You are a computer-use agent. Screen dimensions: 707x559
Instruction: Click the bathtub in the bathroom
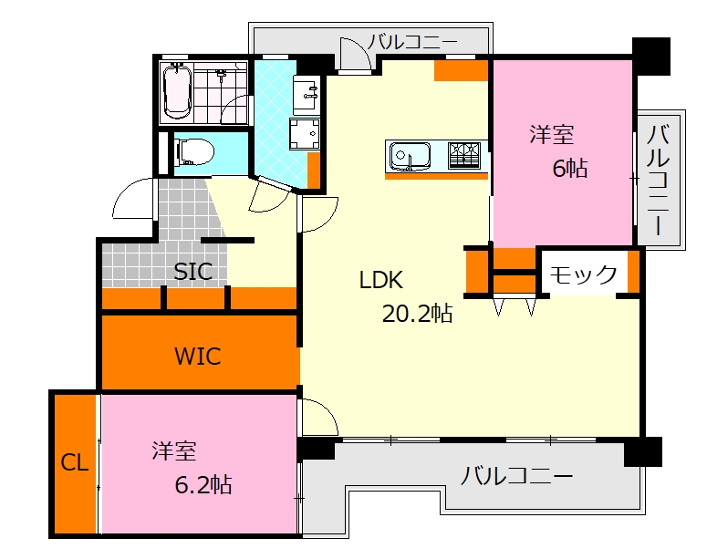click(177, 91)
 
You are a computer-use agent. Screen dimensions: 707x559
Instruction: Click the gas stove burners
click(464, 156)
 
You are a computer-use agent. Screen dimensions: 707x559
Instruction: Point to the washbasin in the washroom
click(307, 94)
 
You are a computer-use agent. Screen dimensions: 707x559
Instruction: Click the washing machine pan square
click(305, 133)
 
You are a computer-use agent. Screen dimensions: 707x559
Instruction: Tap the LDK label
click(381, 280)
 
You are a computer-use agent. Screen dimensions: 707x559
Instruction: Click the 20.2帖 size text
click(417, 314)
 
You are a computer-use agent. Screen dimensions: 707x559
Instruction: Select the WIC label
click(198, 357)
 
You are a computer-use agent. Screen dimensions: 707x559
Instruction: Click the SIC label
click(193, 272)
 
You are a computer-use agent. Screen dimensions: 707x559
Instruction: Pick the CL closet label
click(75, 462)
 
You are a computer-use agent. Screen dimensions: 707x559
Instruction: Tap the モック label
click(583, 274)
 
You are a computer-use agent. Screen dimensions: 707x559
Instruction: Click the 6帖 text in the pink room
click(570, 168)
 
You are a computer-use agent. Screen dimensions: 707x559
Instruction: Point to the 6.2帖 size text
click(203, 485)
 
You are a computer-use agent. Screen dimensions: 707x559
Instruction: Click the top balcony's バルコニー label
click(412, 42)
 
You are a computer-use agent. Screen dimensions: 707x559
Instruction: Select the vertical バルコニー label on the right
click(658, 180)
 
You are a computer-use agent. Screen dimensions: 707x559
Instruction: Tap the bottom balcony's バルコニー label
click(516, 476)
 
